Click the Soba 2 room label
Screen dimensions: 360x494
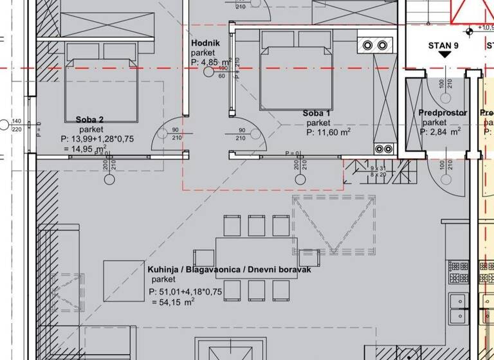[89, 119]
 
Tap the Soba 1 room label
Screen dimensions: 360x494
[316, 113]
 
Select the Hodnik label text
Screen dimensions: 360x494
[206, 43]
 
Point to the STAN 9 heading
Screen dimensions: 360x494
[443, 45]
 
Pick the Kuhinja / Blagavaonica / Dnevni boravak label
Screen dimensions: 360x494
[230, 271]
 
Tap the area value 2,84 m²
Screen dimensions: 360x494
[444, 132]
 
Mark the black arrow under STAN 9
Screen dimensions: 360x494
[443, 56]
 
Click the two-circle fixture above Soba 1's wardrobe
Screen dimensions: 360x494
[376, 45]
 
